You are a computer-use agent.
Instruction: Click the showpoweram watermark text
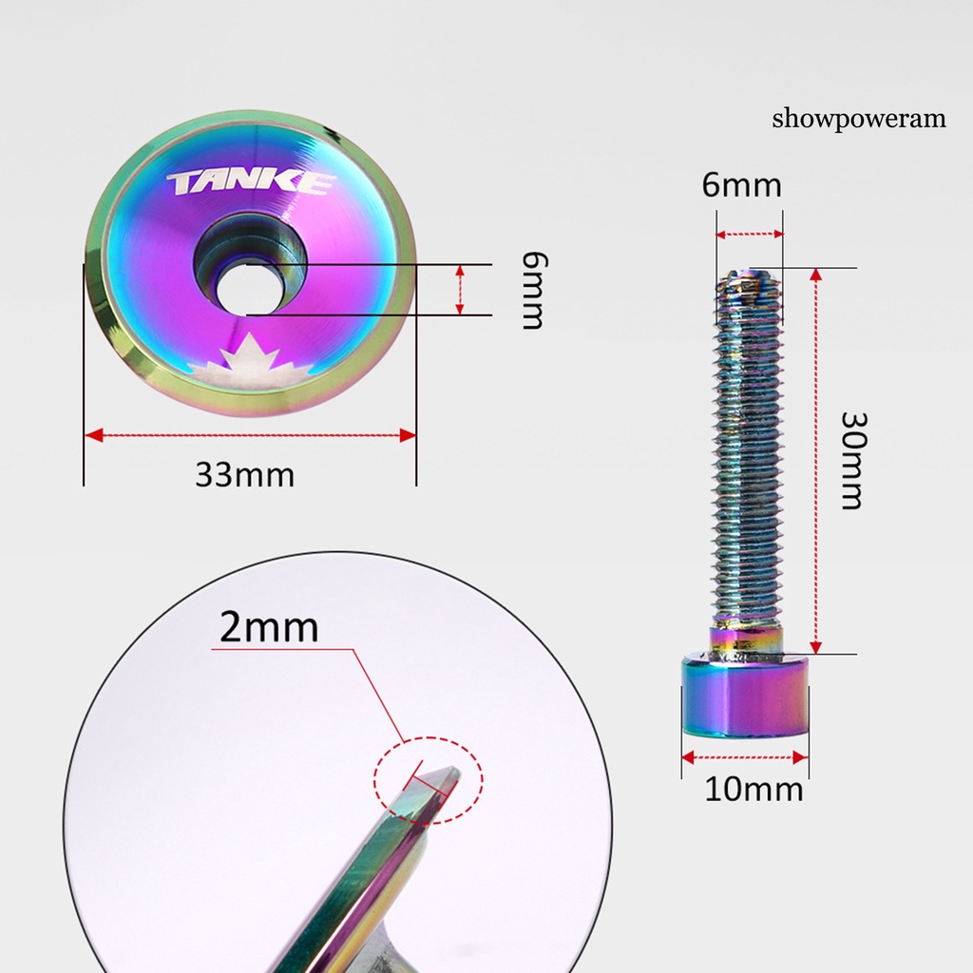coord(859,119)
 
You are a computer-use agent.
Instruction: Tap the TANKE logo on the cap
coord(251,183)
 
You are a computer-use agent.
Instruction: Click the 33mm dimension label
coord(244,475)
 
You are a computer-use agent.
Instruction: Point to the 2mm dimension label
coord(269,627)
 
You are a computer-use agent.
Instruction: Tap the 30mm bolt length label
coord(854,461)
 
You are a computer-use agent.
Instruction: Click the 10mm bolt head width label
coord(754,790)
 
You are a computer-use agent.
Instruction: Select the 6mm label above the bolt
coord(741,185)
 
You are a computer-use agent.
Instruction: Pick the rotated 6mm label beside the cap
coord(534,290)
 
